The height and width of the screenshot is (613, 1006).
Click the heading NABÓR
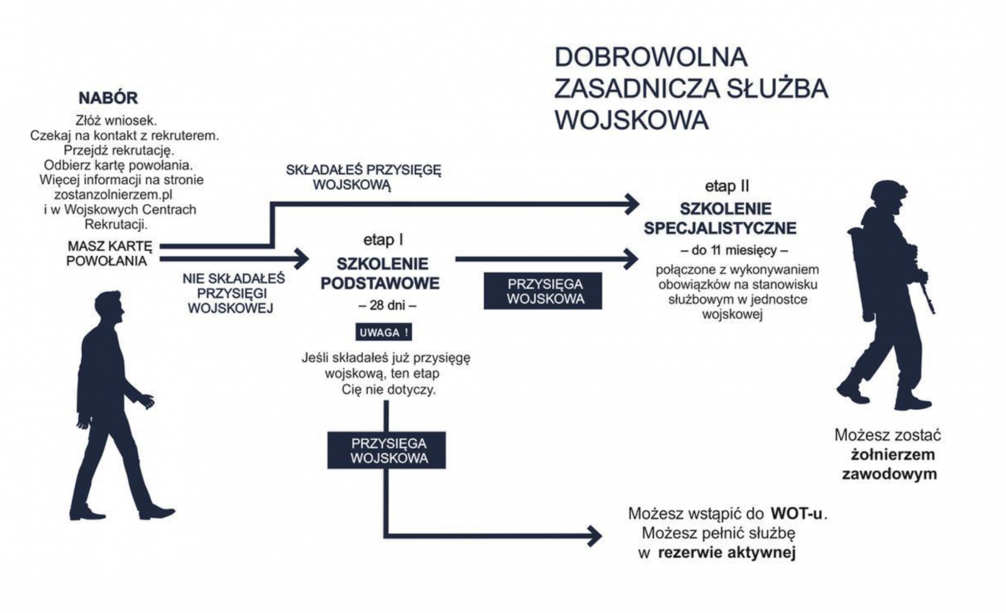(x=108, y=98)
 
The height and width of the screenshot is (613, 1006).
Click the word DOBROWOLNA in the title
(x=651, y=57)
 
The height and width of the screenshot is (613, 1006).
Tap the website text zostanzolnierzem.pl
(x=113, y=195)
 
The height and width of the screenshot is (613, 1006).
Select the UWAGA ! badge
(x=384, y=333)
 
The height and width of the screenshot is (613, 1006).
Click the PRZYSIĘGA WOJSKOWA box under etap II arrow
(x=543, y=291)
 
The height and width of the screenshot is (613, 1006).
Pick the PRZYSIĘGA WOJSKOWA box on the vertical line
(x=386, y=450)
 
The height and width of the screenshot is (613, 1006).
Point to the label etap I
(x=383, y=240)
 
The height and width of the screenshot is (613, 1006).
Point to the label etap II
(x=727, y=186)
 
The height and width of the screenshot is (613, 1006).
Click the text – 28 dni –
(x=387, y=306)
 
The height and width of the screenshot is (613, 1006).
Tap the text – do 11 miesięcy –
(x=734, y=250)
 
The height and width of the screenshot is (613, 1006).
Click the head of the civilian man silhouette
(x=109, y=307)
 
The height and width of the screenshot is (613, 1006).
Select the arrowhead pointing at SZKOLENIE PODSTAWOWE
(x=302, y=259)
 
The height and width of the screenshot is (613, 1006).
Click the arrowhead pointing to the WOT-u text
(x=594, y=536)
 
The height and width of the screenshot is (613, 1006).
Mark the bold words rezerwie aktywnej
(x=727, y=553)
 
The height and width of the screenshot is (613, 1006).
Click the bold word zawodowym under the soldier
(x=889, y=474)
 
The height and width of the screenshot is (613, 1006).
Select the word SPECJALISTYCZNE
(x=720, y=228)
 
